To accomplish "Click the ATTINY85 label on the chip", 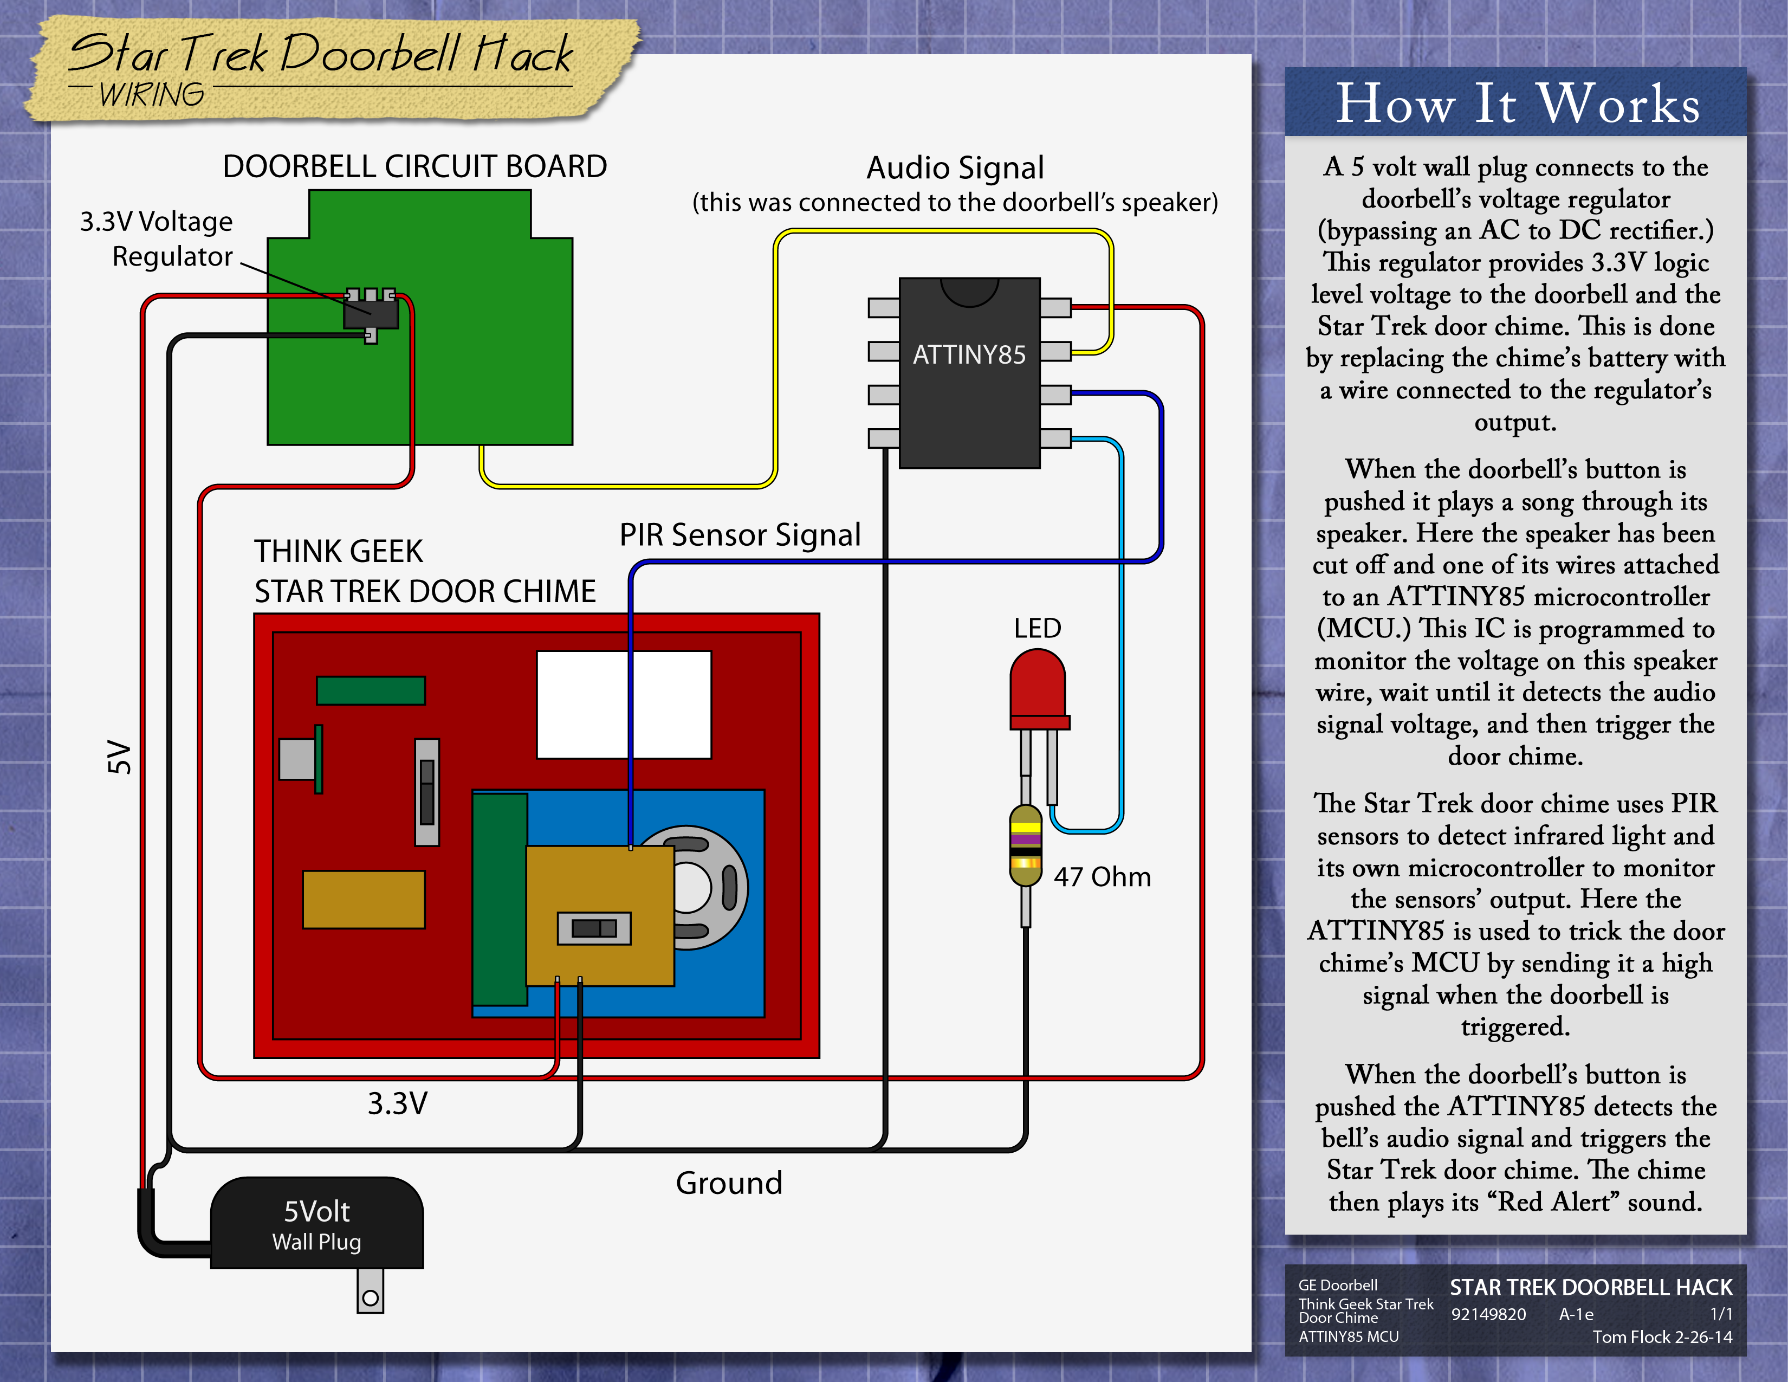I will pyautogui.click(x=969, y=354).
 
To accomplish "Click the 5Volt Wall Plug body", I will pyautogui.click(x=317, y=1224).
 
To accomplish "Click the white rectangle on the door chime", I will pyautogui.click(x=623, y=704).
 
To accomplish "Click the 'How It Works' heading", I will pyautogui.click(x=1517, y=104).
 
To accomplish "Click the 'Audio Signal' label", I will pyautogui.click(x=955, y=168).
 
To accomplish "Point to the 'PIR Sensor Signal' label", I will pyautogui.click(x=739, y=534).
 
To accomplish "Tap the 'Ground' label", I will pyautogui.click(x=729, y=1183).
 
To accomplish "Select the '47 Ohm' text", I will pyautogui.click(x=1102, y=877).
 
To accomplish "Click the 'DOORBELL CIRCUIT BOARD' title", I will pyautogui.click(x=414, y=166).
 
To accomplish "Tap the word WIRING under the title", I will pyautogui.click(x=152, y=95).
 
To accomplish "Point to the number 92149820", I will pyautogui.click(x=1488, y=1314).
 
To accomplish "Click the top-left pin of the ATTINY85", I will pyautogui.click(x=883, y=308).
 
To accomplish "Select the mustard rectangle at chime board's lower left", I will pyautogui.click(x=364, y=899).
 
